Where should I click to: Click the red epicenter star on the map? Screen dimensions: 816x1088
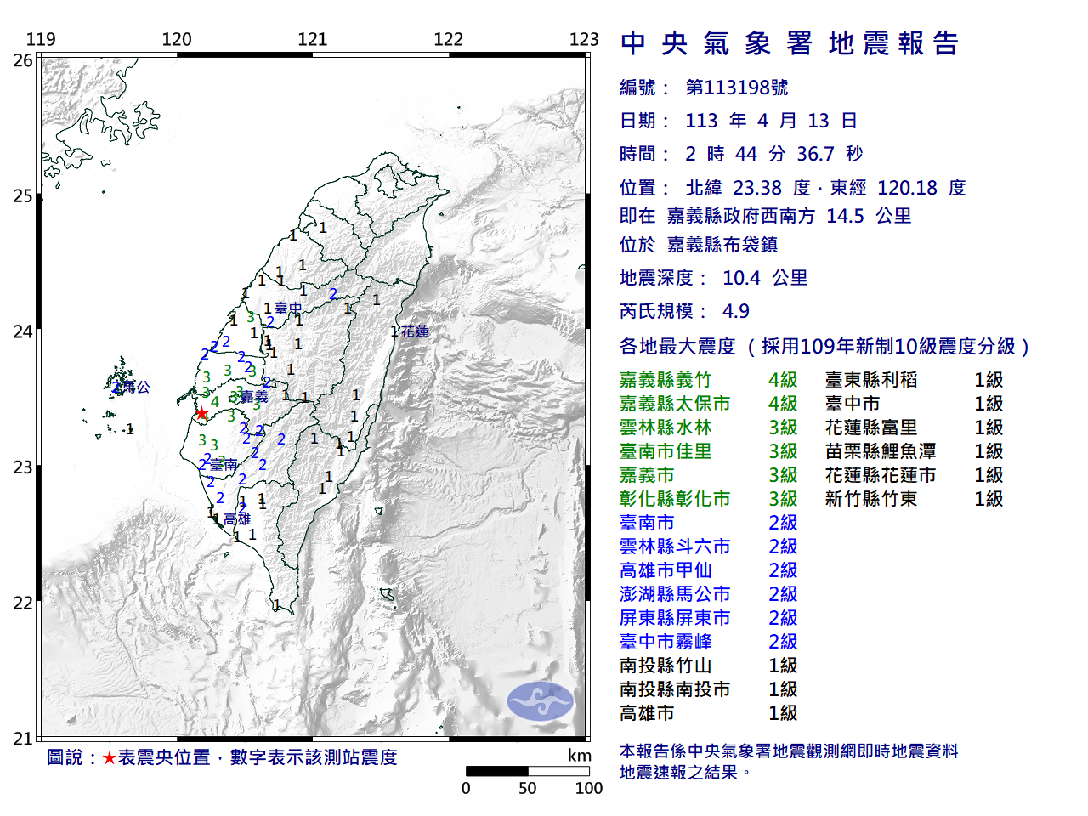pos(201,414)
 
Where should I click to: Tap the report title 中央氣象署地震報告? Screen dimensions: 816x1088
pos(790,43)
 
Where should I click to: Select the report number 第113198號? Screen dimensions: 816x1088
pos(736,88)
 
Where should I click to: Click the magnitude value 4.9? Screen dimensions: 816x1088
pos(735,311)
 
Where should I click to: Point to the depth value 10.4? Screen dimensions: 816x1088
pos(741,278)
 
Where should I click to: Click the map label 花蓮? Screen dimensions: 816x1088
pos(415,331)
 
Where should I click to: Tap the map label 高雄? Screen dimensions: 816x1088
pos(237,518)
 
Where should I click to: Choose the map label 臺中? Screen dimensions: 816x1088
pos(288,309)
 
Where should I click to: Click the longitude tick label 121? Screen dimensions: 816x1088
pos(312,39)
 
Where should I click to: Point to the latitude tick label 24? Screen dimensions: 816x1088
pos(23,331)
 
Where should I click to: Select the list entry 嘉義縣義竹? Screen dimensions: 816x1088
pos(666,380)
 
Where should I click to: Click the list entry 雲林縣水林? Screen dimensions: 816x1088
pos(666,428)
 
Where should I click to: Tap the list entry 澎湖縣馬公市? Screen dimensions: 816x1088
pos(675,594)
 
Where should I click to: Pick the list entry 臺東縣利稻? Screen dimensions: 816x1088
pos(871,380)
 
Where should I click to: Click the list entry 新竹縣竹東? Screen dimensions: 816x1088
pos(871,499)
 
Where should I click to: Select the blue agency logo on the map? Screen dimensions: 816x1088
pos(541,701)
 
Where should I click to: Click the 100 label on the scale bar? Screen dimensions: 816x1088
pos(588,788)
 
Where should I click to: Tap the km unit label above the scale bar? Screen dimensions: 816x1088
pos(579,756)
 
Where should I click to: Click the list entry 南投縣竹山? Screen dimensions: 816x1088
pos(666,666)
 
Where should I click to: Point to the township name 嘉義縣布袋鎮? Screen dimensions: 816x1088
pos(722,245)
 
